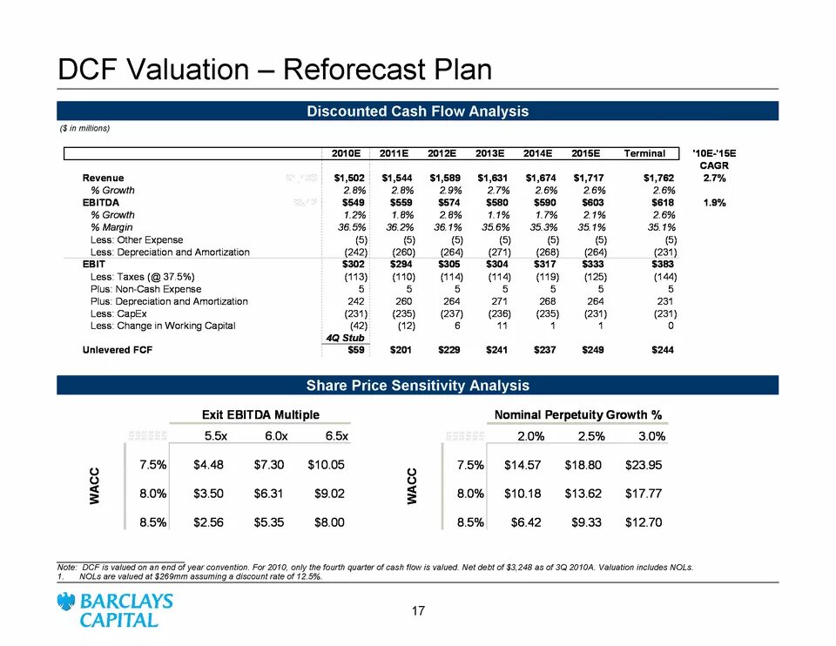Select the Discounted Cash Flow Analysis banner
[x=417, y=111]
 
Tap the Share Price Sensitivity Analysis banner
[x=417, y=385]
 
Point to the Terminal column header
[x=644, y=154]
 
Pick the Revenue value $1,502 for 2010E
[x=347, y=178]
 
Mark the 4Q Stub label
[x=347, y=338]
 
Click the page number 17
[x=418, y=611]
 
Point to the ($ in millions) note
[x=84, y=129]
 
